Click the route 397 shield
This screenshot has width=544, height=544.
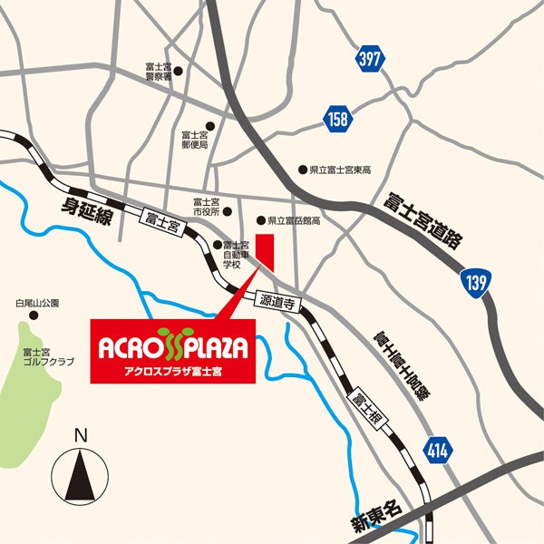368,60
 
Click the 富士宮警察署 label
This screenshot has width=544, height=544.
158,73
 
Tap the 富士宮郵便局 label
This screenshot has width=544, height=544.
195,138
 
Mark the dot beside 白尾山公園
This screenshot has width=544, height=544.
34,316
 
